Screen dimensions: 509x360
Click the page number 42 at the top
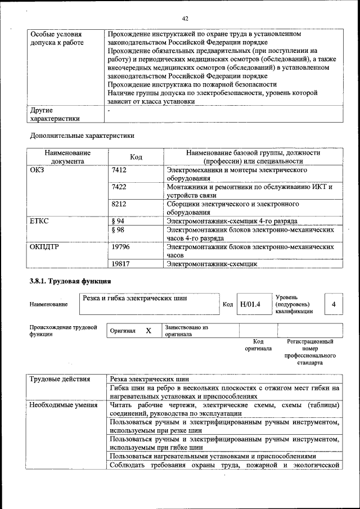(184, 19)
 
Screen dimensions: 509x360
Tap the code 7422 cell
(119, 187)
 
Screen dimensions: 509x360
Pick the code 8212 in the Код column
(119, 204)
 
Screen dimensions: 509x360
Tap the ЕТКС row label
(39, 221)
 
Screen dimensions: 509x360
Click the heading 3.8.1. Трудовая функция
(70, 281)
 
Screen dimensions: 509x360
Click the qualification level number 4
(334, 304)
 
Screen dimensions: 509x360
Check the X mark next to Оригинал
(148, 331)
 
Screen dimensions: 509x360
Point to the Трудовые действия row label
(60, 379)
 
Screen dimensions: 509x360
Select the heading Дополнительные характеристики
(82, 136)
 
